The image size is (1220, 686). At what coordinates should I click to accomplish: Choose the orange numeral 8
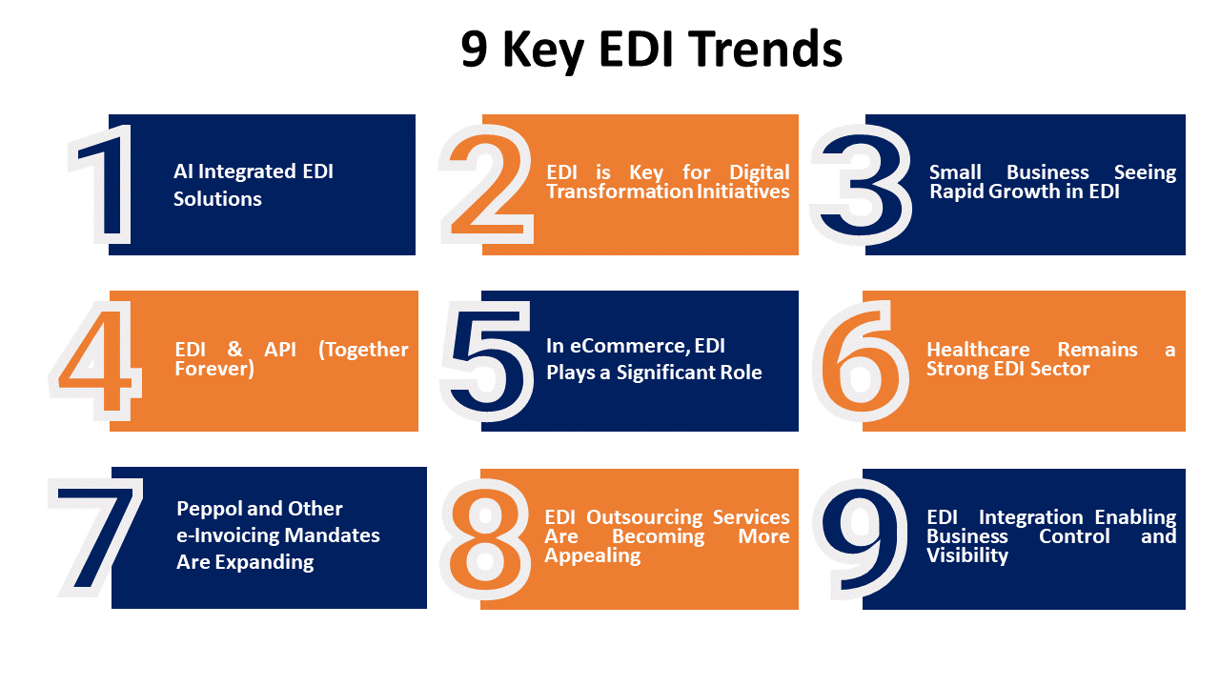point(486,538)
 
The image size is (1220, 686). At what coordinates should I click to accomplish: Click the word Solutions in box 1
point(217,199)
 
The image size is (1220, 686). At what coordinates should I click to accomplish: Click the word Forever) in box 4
point(214,368)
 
